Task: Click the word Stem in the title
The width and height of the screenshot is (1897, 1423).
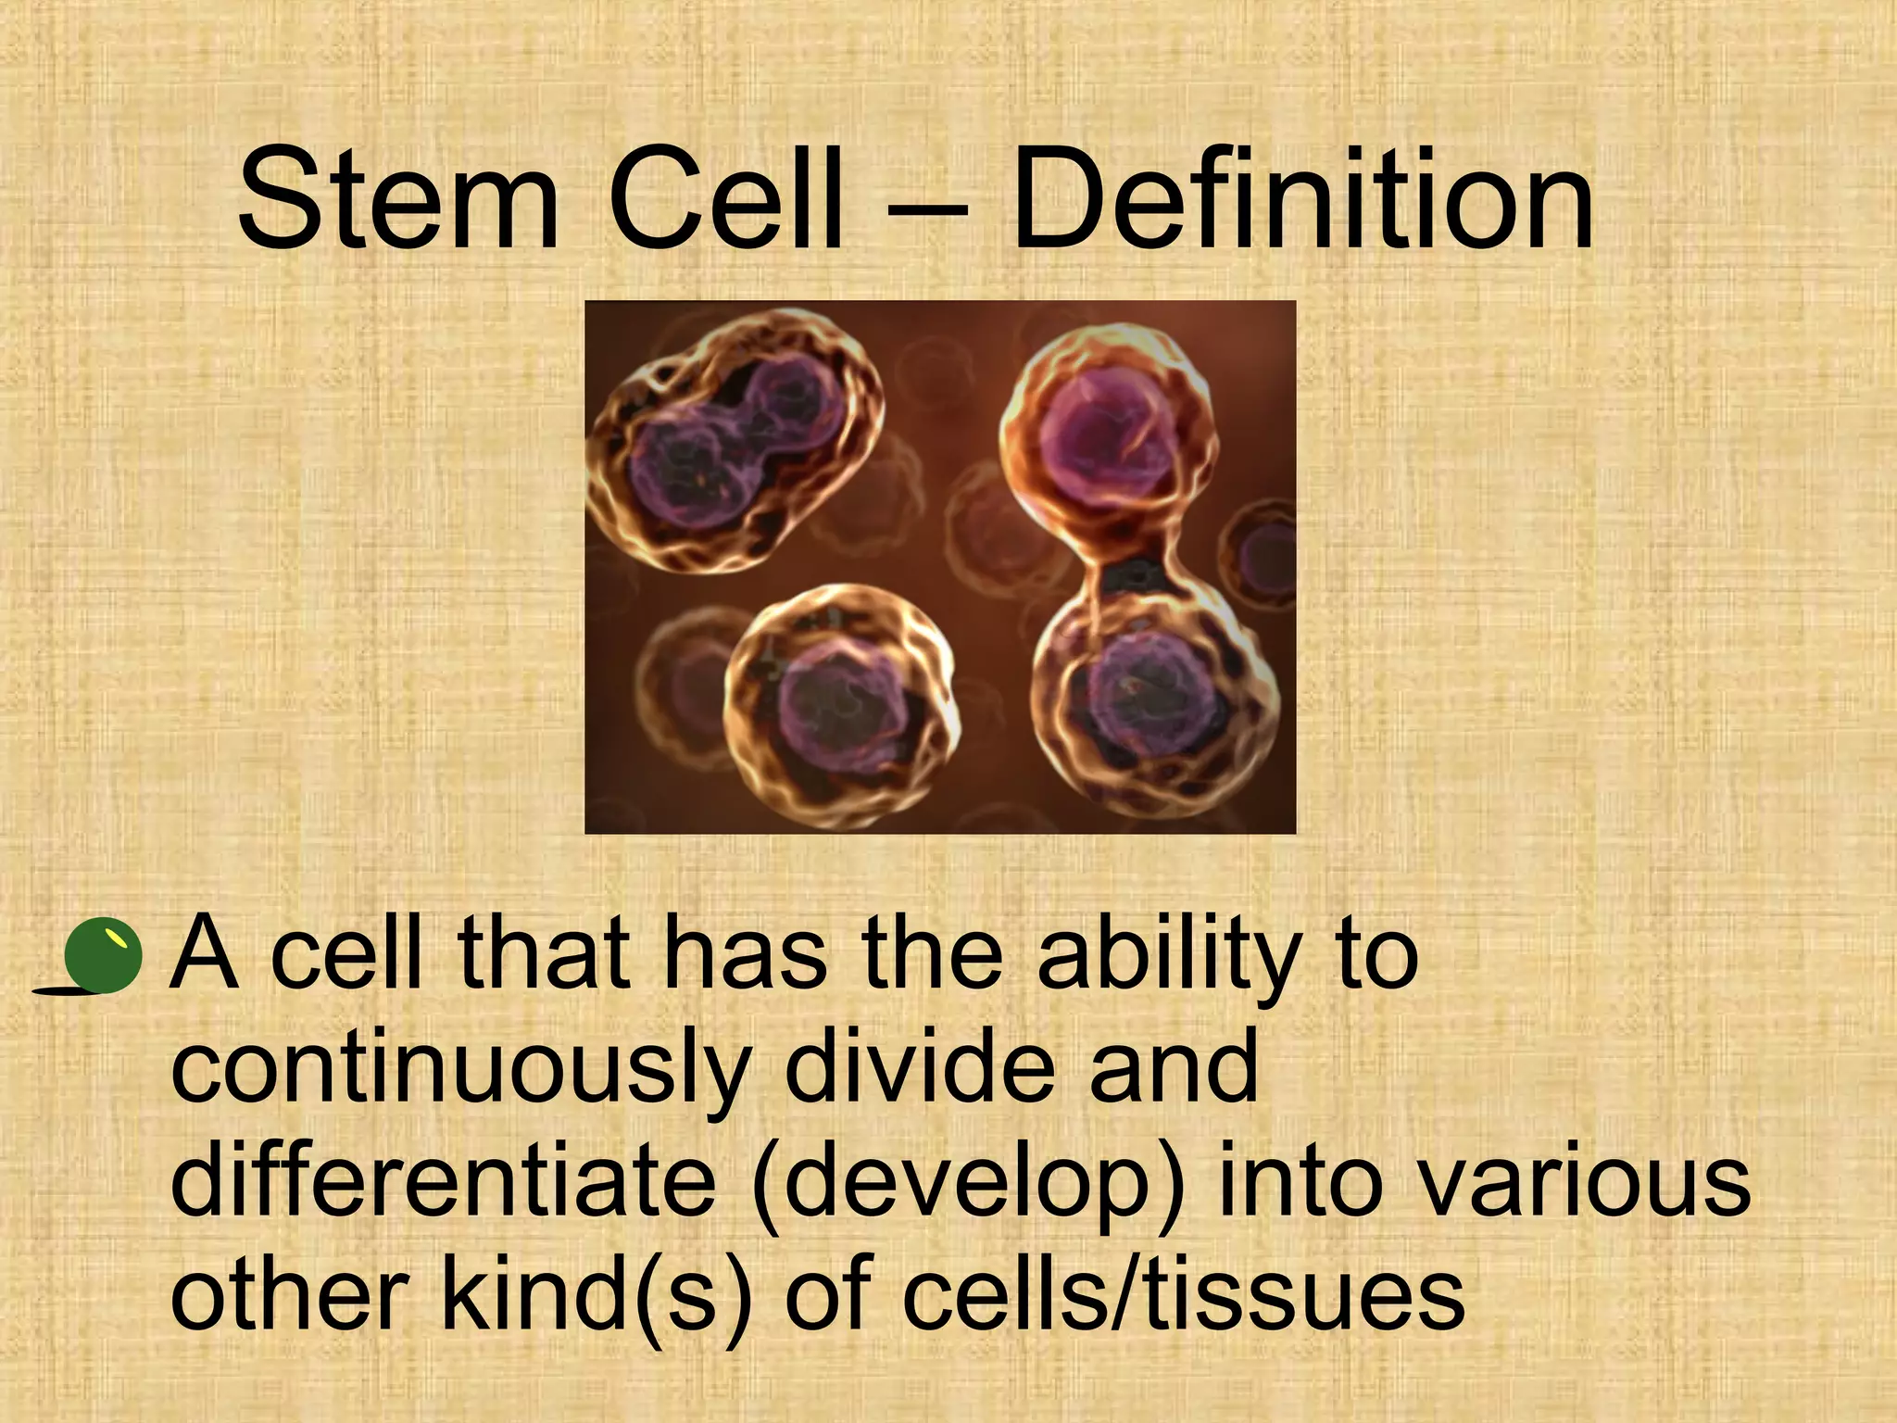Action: [398, 202]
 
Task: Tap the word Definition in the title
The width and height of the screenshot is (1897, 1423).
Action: [1301, 202]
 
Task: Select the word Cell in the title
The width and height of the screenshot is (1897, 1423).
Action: [727, 202]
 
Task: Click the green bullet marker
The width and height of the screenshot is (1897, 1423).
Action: [105, 955]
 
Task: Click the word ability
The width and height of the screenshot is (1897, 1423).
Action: [1163, 959]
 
